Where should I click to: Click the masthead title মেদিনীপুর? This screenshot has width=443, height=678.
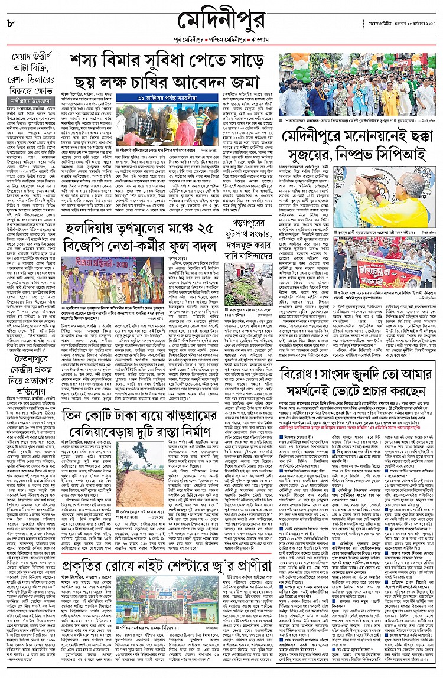click(221, 23)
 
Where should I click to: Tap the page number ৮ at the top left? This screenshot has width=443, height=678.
click(11, 23)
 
